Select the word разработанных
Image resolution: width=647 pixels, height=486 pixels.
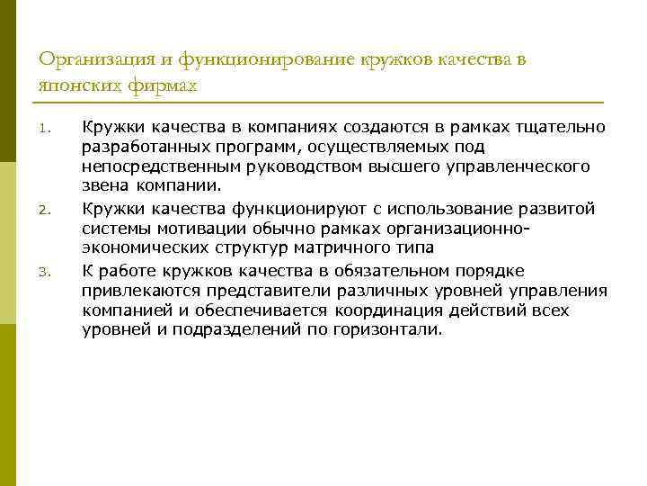coord(140,147)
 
